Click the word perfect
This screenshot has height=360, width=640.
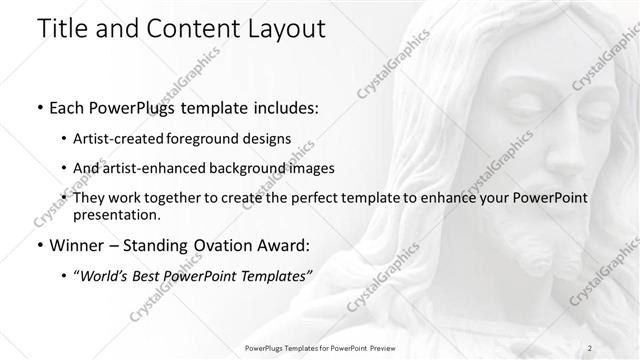(309, 197)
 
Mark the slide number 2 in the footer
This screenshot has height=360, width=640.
(592, 347)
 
